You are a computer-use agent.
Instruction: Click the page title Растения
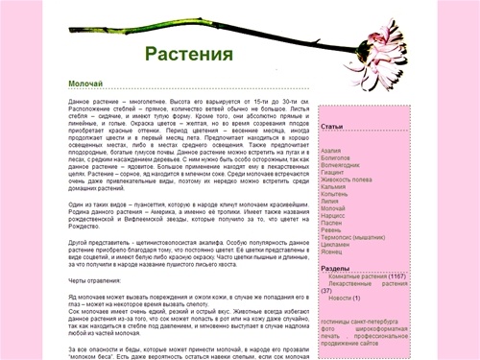click(x=189, y=52)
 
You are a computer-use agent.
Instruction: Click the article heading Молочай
click(x=87, y=84)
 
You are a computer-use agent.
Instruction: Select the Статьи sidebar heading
click(x=332, y=127)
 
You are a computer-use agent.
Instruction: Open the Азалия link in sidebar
click(x=330, y=151)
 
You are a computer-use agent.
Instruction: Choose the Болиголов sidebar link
click(x=334, y=157)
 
